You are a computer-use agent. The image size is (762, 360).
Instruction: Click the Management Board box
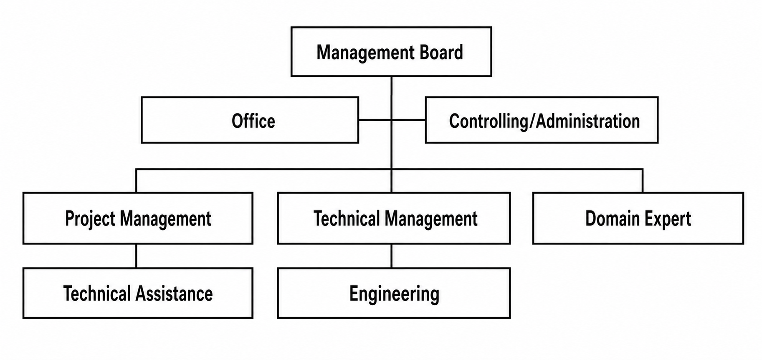391,52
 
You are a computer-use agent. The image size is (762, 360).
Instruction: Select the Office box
250,120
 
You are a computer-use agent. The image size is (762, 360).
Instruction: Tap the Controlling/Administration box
542,120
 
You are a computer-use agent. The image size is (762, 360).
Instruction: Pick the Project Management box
138,218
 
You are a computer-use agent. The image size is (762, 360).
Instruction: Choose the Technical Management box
394,218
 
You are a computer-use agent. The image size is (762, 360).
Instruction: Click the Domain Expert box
638,218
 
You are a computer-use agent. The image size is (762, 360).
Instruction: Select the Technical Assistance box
138,293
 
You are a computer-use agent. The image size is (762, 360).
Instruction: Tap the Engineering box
394,293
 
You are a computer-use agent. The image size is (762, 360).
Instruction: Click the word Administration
588,121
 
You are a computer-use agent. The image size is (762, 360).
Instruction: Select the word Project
90,219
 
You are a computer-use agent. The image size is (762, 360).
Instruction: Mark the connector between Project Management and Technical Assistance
136,256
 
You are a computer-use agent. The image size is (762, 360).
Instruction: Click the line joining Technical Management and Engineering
391,256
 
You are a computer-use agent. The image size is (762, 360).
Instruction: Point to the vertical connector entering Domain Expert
642,181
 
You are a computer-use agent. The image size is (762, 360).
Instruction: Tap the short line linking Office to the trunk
375,120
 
